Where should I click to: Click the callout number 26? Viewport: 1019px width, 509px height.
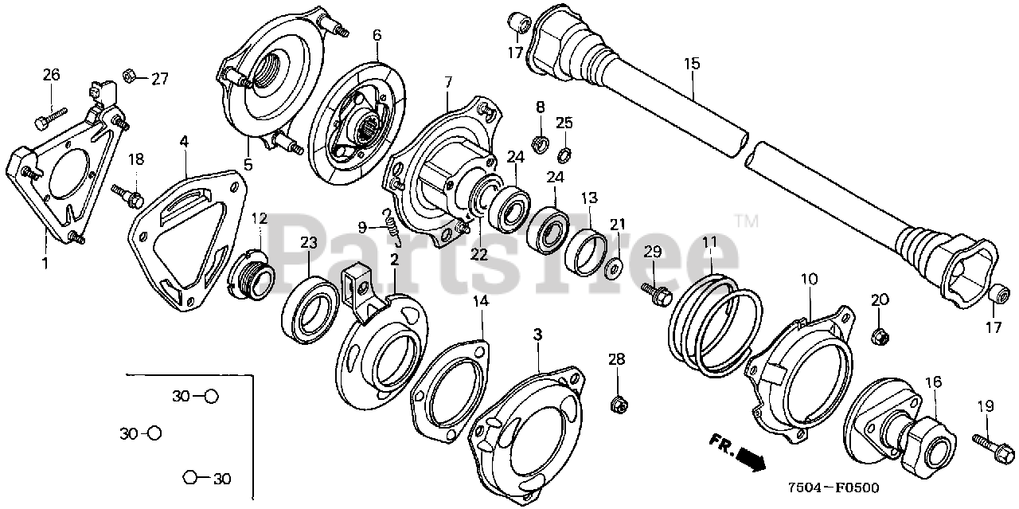click(51, 75)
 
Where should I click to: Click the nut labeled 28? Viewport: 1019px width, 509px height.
click(618, 405)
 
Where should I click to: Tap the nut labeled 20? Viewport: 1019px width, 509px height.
click(880, 335)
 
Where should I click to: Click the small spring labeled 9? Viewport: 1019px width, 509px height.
click(392, 225)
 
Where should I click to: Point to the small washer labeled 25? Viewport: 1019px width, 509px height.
click(564, 154)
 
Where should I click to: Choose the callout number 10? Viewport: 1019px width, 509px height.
click(809, 280)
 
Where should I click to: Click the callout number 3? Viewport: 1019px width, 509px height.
click(537, 335)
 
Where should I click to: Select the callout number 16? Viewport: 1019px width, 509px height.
click(931, 382)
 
